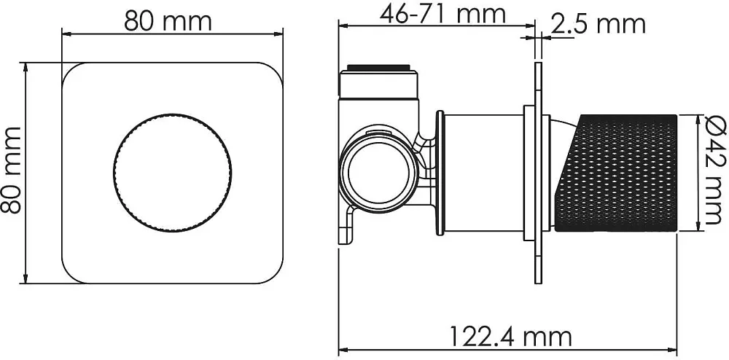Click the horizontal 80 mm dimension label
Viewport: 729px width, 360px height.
pos(168,21)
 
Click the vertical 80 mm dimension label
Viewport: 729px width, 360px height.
pos(11,170)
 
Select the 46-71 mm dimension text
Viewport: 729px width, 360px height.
pos(443,14)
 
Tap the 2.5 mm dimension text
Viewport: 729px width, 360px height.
pos(598,24)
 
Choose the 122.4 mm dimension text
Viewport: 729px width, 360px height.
pos(511,336)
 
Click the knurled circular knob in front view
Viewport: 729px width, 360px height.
pos(172,172)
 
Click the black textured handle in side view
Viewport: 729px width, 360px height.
pos(616,173)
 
